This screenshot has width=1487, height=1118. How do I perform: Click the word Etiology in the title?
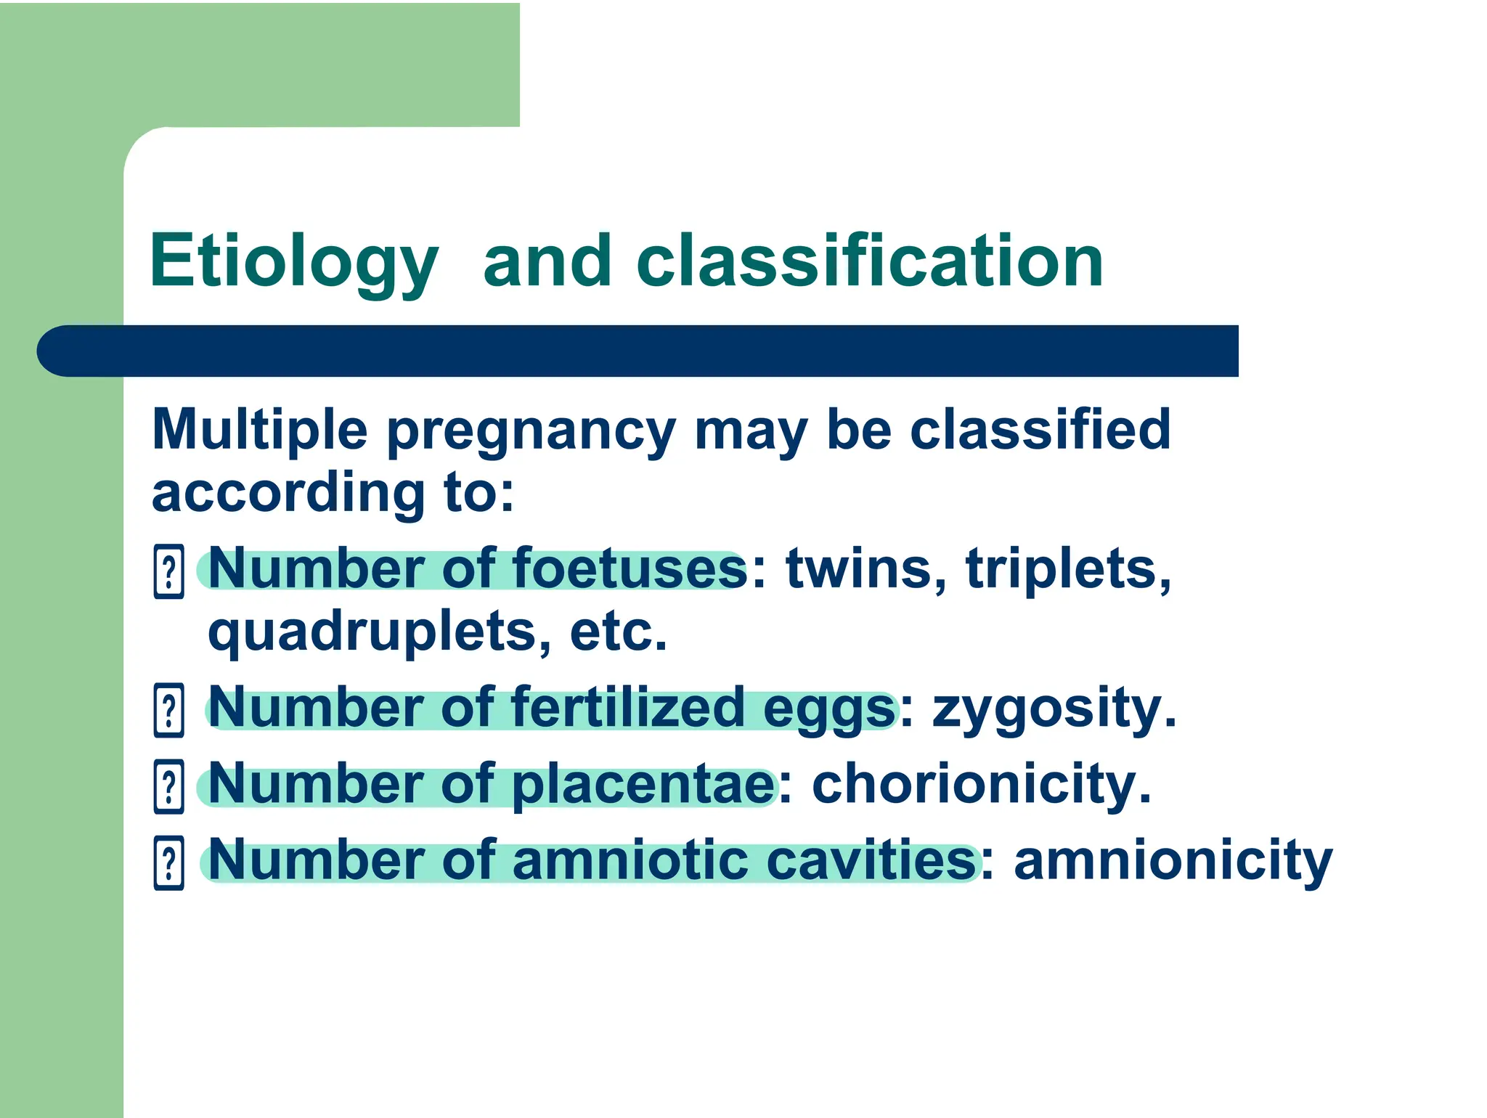[x=293, y=261]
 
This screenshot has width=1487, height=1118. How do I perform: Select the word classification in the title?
[x=869, y=261]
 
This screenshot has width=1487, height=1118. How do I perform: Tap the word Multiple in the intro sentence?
[x=260, y=430]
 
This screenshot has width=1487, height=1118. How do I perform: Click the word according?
[x=288, y=494]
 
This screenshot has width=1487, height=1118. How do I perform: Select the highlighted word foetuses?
[x=629, y=569]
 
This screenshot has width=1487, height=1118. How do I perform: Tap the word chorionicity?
[x=981, y=785]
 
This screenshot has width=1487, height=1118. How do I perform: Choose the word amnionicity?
[x=1173, y=862]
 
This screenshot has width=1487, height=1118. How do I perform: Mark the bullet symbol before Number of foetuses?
[x=169, y=572]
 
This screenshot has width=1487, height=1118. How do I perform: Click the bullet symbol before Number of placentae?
[x=169, y=786]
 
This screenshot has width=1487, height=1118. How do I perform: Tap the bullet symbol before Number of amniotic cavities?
[x=169, y=863]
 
